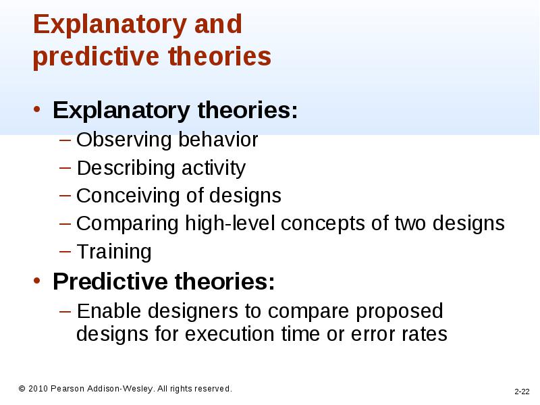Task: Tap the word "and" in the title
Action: pos(218,24)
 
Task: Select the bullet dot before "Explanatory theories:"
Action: pos(37,110)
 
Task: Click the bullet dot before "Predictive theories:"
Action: pos(37,281)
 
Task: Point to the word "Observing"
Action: pos(124,140)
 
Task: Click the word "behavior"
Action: pos(218,140)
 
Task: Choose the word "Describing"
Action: pos(126,168)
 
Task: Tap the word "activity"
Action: pos(213,168)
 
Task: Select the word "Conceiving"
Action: pos(128,196)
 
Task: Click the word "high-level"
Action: pos(230,223)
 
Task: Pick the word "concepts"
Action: pos(323,224)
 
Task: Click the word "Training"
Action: pos(114,252)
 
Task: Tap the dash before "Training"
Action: pos(65,251)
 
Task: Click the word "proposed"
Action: pos(400,312)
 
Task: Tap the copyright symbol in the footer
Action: pos(22,389)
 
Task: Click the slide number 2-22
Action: pos(522,391)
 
